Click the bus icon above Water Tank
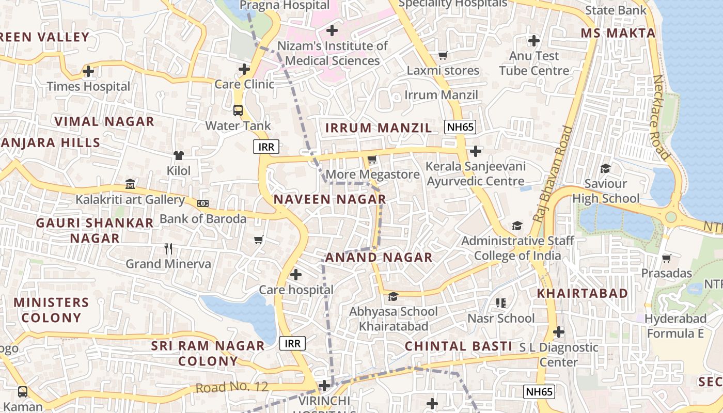point(238,110)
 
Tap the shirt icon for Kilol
point(179,155)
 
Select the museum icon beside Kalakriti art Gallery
point(130,184)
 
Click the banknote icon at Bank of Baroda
point(203,203)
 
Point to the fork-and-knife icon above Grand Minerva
point(168,249)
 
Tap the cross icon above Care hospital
point(296,274)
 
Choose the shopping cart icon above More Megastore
point(372,160)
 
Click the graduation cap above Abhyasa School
point(394,296)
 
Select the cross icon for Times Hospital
point(88,71)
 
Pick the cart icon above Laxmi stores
point(443,55)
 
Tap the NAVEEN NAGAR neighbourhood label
point(329,199)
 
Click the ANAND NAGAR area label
point(379,257)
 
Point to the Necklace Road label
point(661,117)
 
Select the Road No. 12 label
point(232,387)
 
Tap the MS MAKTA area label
point(618,33)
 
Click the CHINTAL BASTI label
point(458,346)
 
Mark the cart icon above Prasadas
point(667,258)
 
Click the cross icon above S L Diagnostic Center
point(559,331)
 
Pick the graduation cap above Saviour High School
point(605,168)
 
